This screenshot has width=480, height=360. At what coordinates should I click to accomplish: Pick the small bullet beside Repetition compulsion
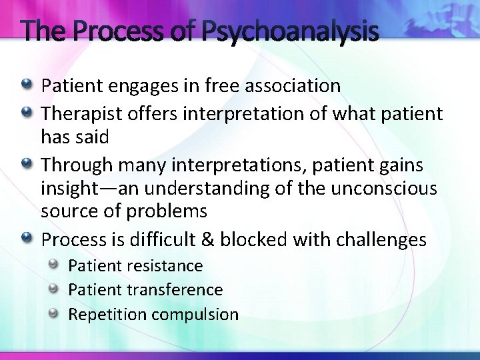(55, 313)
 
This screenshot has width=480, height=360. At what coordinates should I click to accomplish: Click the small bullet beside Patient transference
(55, 288)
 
